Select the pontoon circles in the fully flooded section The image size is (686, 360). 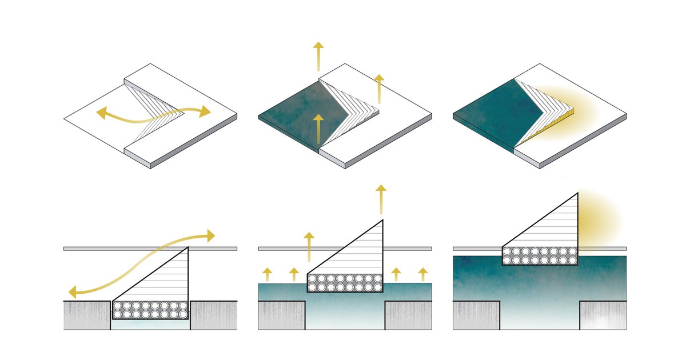click(x=540, y=255)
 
